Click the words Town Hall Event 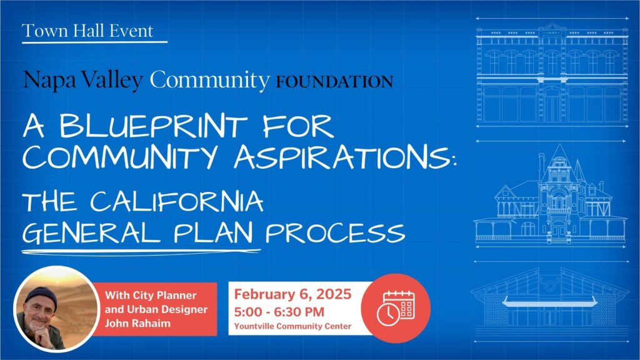click(87, 31)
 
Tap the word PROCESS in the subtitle click(335, 232)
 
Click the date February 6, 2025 click(292, 294)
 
